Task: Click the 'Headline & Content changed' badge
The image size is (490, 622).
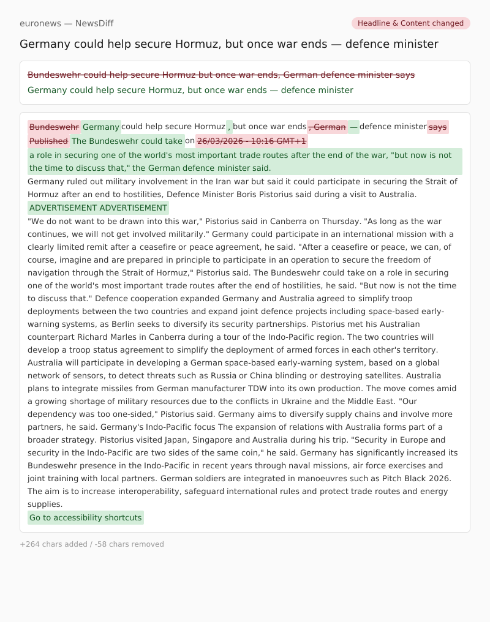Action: (410, 23)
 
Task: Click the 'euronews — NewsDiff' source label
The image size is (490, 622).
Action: (66, 23)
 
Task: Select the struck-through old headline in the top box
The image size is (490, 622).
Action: (221, 75)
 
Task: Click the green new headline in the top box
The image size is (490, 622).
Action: (190, 90)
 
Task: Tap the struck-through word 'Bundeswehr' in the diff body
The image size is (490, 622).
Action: (54, 127)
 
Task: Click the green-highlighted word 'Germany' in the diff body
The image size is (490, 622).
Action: (101, 127)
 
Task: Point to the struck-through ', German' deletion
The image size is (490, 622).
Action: (328, 127)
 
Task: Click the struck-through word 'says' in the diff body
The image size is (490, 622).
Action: (438, 127)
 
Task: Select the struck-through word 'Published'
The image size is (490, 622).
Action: (48, 141)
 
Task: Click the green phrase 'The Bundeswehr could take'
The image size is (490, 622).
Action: (127, 141)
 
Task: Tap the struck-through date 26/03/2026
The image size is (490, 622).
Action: (252, 141)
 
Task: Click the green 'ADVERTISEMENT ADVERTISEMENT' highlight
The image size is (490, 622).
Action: (98, 208)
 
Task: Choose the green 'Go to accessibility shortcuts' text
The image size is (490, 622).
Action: (86, 518)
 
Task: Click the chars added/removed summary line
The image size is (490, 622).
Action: (92, 544)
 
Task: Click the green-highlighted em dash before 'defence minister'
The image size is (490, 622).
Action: (354, 127)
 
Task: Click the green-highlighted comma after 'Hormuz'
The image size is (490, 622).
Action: (230, 127)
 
